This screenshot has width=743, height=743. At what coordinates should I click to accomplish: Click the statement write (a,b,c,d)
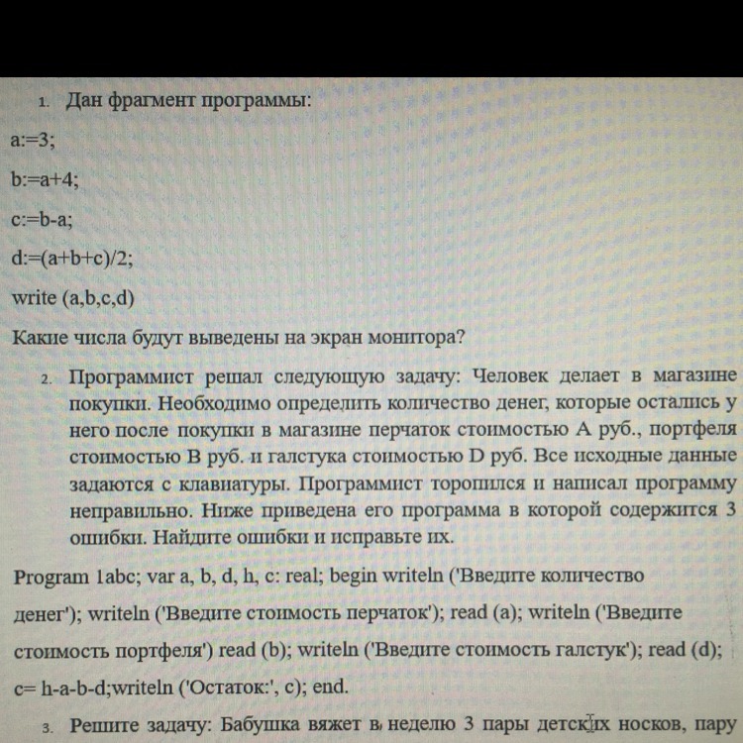pos(72,297)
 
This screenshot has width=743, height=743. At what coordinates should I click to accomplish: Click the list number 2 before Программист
pos(46,379)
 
